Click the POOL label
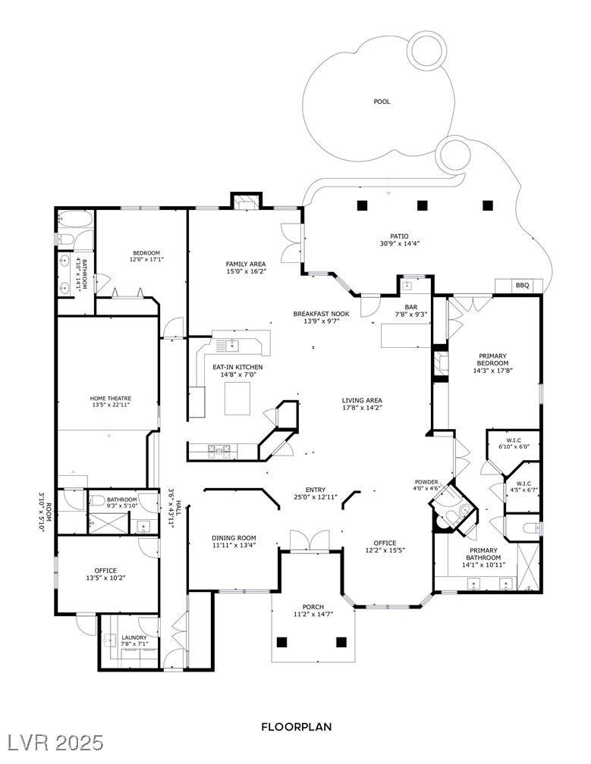pos(382,102)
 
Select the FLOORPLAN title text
pos(296,726)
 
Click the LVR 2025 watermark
pos(53,741)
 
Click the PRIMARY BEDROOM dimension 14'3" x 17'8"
pos(492,371)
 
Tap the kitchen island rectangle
pos(237,398)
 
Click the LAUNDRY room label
pos(134,638)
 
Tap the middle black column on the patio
pos(423,205)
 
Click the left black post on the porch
pos(282,642)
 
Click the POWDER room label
pos(426,482)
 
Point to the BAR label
pos(411,307)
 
